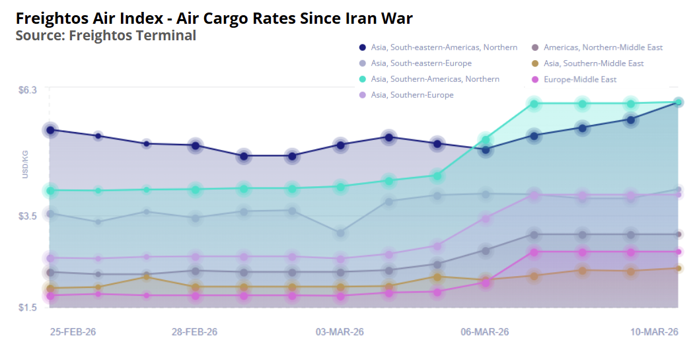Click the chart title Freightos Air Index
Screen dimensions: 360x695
click(214, 18)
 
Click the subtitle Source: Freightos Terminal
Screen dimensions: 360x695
click(106, 36)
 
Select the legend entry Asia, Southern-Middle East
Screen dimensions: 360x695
click(593, 63)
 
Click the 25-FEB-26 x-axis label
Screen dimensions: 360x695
click(73, 332)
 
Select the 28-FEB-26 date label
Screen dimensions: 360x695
click(194, 332)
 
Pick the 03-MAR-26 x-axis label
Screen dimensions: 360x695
click(340, 332)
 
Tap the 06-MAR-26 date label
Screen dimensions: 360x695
click(485, 332)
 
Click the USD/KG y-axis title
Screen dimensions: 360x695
click(25, 164)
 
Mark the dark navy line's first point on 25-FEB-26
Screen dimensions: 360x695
click(50, 130)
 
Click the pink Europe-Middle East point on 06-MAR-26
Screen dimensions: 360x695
click(486, 283)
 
